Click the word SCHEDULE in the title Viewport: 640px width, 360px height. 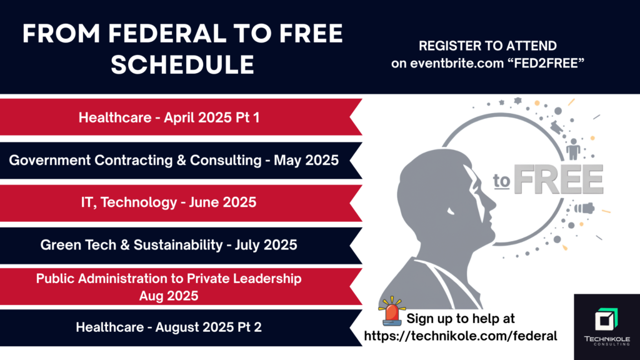coord(182,64)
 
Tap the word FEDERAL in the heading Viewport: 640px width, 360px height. coord(167,34)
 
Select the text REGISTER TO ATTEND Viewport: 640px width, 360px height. coord(487,46)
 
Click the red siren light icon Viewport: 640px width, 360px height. coord(392,311)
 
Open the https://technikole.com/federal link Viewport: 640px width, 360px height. coord(461,336)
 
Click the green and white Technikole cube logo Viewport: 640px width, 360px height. coord(606,319)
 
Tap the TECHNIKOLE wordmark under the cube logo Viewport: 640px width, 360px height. coord(607,339)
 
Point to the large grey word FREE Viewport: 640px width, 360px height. coord(558,179)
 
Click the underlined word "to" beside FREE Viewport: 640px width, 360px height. coord(501,181)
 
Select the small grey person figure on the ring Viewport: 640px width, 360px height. coord(574,149)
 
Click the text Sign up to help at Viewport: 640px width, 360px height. coord(461,318)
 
